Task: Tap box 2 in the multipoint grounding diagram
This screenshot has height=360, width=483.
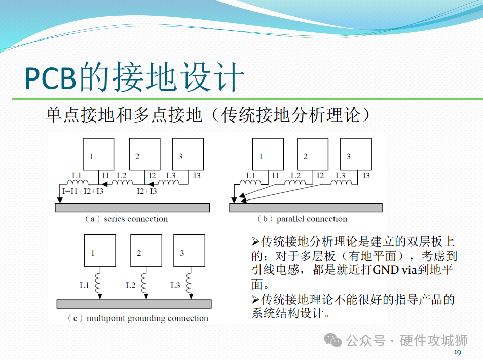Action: (146, 251)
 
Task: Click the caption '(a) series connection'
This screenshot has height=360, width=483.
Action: (127, 219)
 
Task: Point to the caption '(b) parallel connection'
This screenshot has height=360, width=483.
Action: (303, 219)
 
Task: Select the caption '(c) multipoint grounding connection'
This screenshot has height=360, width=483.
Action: (138, 318)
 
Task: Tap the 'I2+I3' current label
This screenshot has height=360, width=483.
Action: (147, 191)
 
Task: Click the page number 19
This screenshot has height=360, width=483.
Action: (457, 352)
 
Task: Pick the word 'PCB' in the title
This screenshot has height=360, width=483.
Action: (51, 78)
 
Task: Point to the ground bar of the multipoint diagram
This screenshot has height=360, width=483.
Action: (134, 304)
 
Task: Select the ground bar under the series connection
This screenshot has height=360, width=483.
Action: (132, 207)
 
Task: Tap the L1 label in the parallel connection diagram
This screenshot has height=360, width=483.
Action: (251, 176)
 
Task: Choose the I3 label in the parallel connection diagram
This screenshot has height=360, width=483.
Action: (366, 176)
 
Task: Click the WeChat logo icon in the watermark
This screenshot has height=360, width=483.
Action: (333, 340)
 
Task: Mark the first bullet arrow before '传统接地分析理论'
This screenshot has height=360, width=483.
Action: (255, 240)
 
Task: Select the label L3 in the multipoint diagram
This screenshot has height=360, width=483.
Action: (175, 285)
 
